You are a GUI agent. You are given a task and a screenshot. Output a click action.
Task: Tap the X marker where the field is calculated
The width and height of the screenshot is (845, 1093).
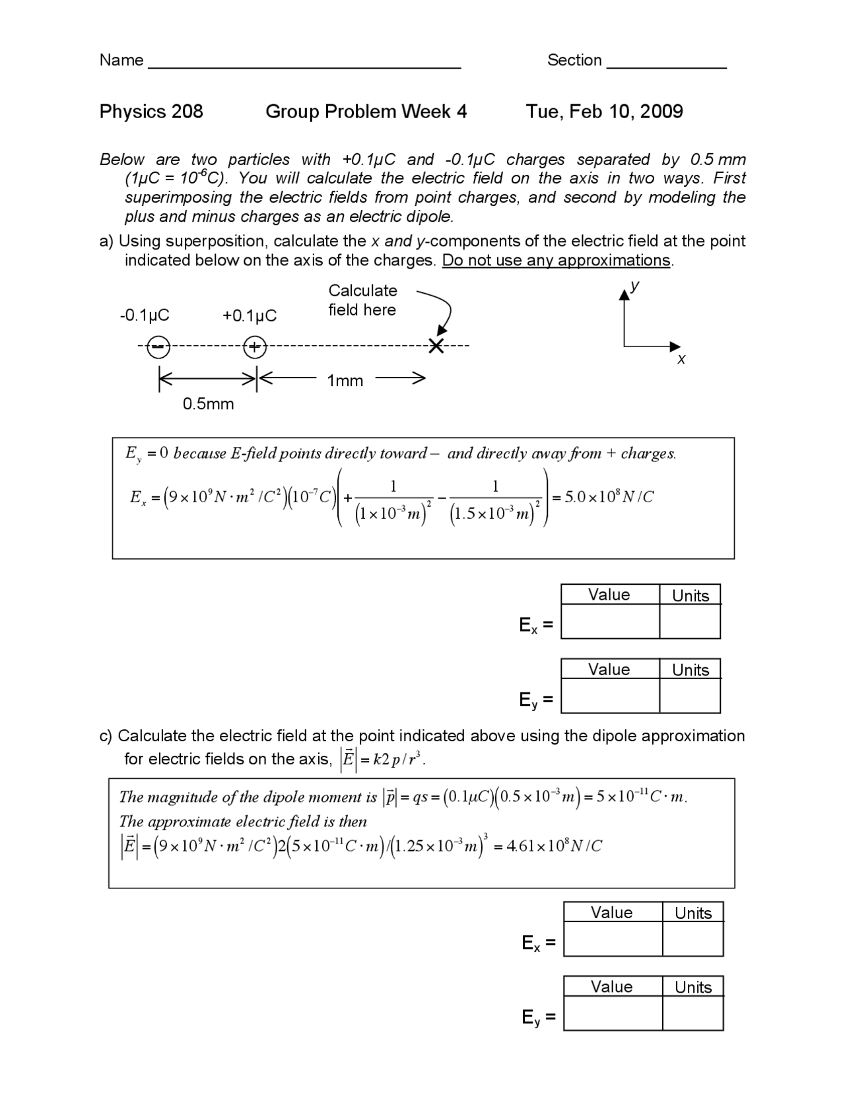click(436, 345)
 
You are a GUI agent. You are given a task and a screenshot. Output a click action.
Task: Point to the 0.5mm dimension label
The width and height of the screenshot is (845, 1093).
click(208, 404)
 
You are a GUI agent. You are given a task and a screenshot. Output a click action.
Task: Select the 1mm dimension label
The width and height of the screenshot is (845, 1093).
click(345, 381)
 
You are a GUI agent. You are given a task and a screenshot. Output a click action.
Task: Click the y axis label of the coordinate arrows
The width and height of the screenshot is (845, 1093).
click(634, 286)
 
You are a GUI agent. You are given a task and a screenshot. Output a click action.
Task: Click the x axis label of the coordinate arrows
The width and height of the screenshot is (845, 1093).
click(681, 359)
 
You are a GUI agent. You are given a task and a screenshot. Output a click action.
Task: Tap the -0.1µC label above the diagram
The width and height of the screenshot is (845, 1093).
click(145, 315)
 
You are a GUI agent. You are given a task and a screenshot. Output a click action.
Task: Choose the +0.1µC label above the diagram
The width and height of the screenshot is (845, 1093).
click(250, 316)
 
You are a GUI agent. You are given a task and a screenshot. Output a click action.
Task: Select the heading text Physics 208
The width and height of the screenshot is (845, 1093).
click(151, 112)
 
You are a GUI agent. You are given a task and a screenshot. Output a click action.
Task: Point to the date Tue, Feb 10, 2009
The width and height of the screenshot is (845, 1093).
click(604, 112)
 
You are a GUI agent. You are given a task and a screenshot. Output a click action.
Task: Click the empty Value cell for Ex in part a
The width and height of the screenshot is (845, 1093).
click(609, 622)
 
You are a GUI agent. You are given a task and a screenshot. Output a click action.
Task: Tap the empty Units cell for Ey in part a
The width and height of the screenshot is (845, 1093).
click(690, 696)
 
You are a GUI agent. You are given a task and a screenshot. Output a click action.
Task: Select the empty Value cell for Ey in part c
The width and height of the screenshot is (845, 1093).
click(613, 1013)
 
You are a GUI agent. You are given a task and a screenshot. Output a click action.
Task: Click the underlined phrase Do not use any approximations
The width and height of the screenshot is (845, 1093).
click(556, 261)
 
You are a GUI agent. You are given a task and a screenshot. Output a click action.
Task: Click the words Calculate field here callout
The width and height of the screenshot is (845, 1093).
click(362, 300)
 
